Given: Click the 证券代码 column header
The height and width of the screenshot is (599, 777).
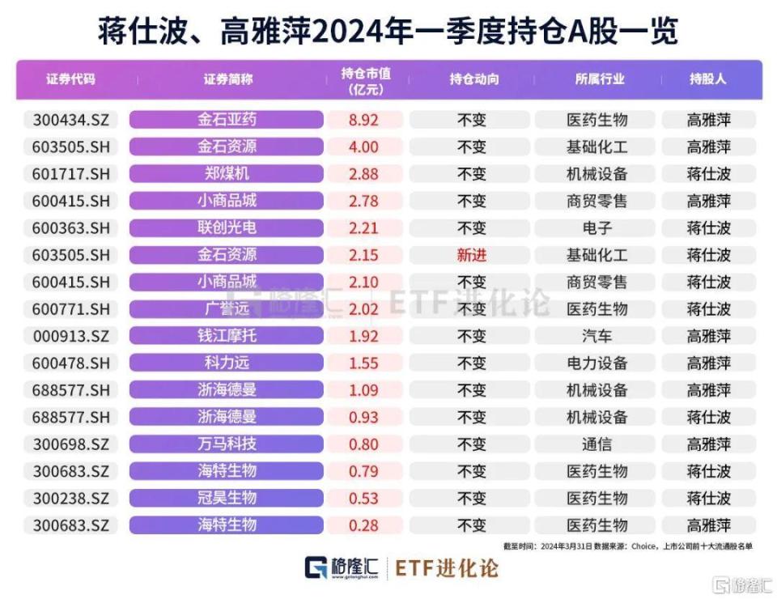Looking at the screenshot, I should click(70, 79).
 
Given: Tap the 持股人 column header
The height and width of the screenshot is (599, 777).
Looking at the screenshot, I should click(708, 79).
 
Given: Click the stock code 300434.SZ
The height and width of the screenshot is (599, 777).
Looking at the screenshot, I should click(70, 120).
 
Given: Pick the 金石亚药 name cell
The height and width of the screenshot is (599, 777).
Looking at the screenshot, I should click(227, 120).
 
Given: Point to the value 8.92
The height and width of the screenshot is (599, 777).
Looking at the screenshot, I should click(363, 120).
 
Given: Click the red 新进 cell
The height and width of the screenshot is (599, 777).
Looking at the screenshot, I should click(472, 255).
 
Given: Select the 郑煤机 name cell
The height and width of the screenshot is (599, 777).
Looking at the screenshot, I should click(227, 174).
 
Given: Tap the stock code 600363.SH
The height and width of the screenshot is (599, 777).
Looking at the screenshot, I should click(70, 228).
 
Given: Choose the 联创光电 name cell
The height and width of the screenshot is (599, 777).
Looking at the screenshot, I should click(227, 228).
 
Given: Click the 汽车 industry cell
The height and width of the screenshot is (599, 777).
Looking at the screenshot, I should click(597, 336).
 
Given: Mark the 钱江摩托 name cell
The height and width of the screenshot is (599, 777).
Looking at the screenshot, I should click(227, 336).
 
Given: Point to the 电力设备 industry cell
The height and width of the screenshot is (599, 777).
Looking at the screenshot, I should click(597, 363).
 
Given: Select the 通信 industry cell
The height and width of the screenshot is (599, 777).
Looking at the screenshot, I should click(597, 444).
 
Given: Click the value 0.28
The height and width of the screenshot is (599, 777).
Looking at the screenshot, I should click(363, 525).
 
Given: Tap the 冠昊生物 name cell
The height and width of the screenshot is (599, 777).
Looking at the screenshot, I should click(227, 498).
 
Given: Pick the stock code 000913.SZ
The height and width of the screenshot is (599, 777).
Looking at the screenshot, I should click(70, 336).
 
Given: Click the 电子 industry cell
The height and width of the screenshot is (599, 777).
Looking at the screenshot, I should click(597, 228).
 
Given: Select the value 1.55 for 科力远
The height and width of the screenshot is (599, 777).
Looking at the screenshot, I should click(363, 363).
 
